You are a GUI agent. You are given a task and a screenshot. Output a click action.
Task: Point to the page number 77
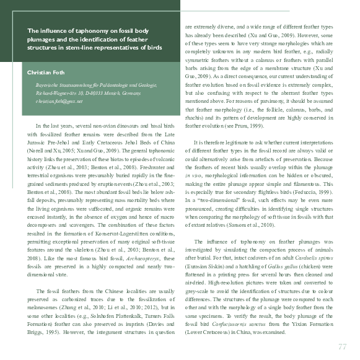[x=342, y=346]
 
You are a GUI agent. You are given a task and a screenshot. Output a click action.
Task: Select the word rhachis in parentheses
[x=196, y=116]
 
